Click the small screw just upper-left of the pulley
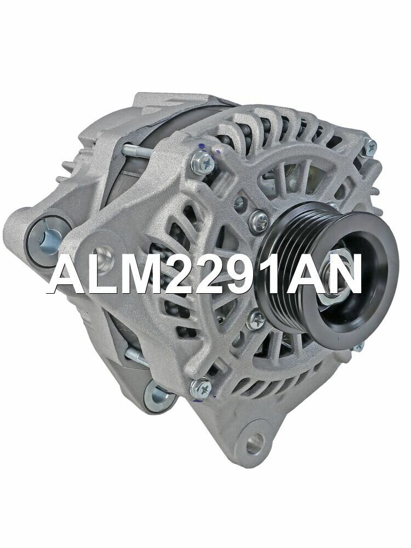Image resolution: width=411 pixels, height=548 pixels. (x=259, y=219)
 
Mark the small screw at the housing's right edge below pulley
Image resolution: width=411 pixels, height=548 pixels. (x=357, y=346)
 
